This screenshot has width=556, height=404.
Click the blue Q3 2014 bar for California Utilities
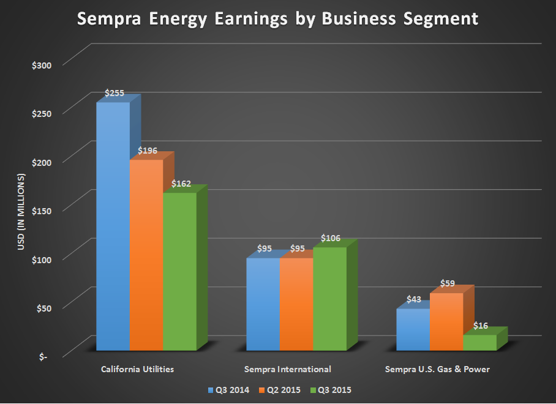click(113, 226)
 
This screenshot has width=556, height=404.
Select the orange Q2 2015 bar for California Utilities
click(146, 254)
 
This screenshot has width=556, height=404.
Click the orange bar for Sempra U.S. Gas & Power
click(446, 321)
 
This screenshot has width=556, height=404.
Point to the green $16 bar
click(479, 342)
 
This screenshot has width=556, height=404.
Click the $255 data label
click(115, 94)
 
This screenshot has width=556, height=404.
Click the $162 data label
click(181, 184)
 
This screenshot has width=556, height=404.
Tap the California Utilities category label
click(137, 369)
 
